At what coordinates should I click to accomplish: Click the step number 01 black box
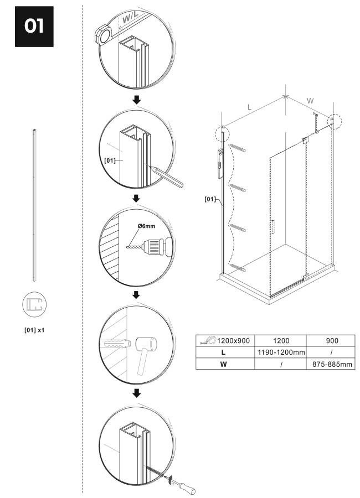[x=34, y=27]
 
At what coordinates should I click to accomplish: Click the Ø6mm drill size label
[x=147, y=226]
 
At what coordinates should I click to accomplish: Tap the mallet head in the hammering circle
[x=146, y=344]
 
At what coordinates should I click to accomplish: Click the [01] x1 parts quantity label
[x=34, y=330]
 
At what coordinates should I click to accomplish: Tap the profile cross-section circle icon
[x=34, y=304]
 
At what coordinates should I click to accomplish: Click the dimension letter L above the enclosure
[x=249, y=107]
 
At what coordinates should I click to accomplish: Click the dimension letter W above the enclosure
[x=310, y=101]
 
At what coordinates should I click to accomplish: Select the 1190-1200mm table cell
[x=280, y=352]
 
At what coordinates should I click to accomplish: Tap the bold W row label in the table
[x=223, y=364]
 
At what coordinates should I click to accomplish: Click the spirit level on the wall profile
[x=220, y=164]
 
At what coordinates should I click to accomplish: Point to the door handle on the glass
[x=272, y=227]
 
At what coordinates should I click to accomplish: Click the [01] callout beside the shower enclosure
[x=210, y=199]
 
